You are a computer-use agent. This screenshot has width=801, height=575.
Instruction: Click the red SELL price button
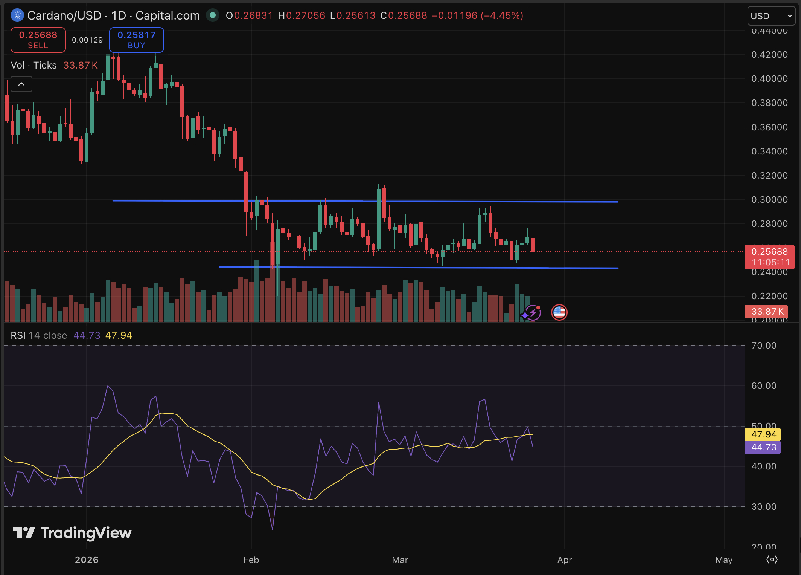coord(38,40)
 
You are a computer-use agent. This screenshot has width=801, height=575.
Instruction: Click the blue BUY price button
coord(136,40)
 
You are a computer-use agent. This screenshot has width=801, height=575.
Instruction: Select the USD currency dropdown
coord(771,16)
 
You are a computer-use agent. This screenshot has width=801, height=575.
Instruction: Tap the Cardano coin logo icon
coord(17,15)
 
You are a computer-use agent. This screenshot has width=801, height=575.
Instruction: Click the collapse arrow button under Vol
coord(21,84)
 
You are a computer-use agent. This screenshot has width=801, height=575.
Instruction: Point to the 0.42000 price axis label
coord(769,55)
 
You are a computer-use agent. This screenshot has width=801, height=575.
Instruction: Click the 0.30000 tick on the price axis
coord(769,200)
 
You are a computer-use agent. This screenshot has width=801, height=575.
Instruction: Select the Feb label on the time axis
coord(251,560)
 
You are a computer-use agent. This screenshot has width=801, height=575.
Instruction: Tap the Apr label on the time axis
coord(565,560)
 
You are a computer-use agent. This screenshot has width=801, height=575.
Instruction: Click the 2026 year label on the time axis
coord(87,560)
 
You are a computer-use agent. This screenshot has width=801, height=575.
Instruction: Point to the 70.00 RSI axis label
coord(764,346)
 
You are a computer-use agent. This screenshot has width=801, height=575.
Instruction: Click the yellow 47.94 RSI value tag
coord(763,434)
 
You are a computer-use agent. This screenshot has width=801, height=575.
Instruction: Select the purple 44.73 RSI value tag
coord(763,447)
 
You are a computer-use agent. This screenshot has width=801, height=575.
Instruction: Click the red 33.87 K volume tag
coord(767,312)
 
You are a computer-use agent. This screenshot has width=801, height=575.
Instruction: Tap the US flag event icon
coord(559,312)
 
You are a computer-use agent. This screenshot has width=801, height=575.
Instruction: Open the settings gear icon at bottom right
coord(772,560)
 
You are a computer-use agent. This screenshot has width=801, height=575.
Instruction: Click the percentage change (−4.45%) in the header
coord(502,15)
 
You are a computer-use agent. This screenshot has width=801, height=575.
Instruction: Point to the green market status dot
coord(213,15)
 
